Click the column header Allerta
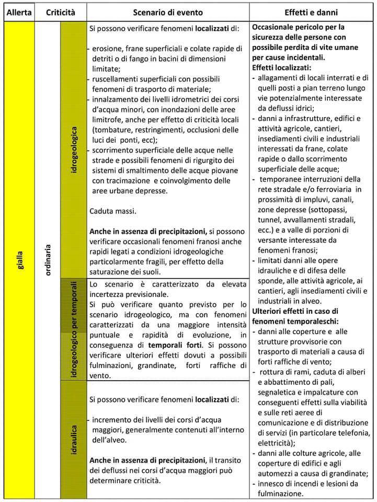18,11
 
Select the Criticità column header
60,11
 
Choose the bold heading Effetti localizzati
281,67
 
